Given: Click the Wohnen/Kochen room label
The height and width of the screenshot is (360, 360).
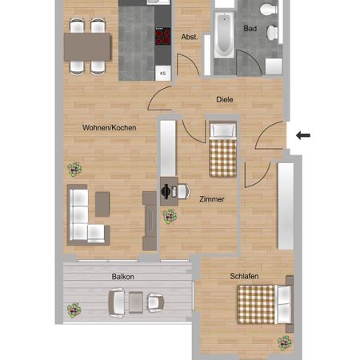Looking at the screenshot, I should tap(112, 128).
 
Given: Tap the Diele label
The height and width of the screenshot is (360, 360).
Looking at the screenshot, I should tap(225, 100).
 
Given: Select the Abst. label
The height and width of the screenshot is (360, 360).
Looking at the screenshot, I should tap(190, 37).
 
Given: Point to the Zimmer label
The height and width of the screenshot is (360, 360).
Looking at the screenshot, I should tap(213, 200).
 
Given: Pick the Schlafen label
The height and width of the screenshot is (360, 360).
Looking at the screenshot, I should tap(243, 276).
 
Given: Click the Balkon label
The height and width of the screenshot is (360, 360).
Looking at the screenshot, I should tap(123, 277).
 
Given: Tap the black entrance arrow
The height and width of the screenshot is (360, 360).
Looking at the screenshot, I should tap(304, 135).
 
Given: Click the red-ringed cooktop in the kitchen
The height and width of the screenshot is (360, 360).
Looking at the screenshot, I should tap(163, 35).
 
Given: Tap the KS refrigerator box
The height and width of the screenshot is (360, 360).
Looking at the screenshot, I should tap(163, 73).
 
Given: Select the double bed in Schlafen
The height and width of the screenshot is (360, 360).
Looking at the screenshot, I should tap(264, 305).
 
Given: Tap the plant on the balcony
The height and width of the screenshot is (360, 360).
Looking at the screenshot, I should tap(74, 309).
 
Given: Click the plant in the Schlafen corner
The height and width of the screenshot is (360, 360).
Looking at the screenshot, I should tap(284, 342).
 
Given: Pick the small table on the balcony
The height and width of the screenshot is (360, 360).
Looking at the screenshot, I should tap(135, 302).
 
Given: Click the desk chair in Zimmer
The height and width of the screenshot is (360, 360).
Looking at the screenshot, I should tap(181, 192).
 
